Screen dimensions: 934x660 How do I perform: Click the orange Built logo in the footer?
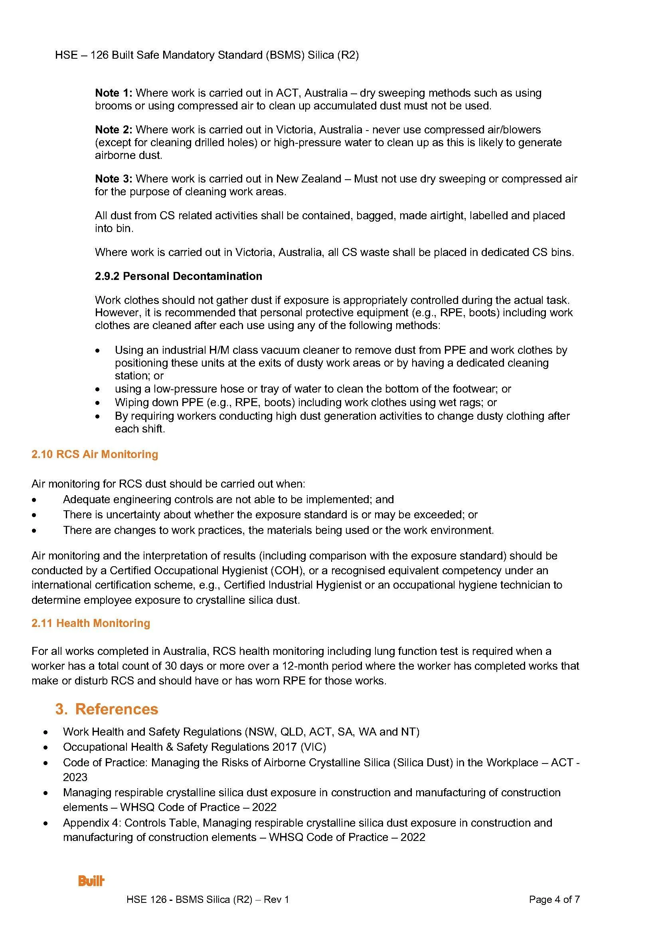click(91, 881)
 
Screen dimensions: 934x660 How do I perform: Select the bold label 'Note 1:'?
click(113, 93)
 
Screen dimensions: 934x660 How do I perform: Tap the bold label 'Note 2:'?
click(113, 130)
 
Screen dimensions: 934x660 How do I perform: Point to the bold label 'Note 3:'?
click(113, 179)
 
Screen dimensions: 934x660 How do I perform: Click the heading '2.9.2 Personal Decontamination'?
click(178, 276)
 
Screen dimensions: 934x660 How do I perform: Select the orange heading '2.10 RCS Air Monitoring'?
click(95, 454)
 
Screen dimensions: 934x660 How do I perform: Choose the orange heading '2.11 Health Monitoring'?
click(91, 623)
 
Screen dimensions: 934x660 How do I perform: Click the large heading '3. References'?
click(107, 709)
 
